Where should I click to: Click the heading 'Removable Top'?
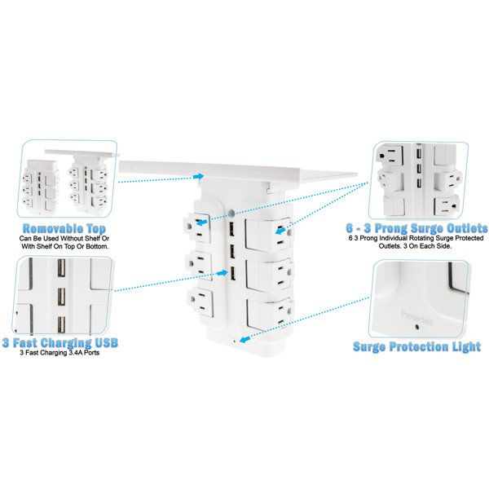coord(64,228)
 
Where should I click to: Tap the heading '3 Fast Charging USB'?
coord(60,343)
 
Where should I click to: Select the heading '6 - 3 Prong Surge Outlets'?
coord(416,228)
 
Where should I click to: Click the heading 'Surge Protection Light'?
coord(416,347)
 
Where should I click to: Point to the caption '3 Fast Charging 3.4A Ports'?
coord(59,353)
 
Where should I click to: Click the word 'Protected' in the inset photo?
coord(416,318)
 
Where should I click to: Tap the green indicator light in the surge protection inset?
coord(417,327)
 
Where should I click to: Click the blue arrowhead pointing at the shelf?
coord(198,177)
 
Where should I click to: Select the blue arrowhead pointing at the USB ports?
coord(222,273)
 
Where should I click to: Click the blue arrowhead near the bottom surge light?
coord(244,339)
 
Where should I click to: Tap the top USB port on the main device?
coord(232,230)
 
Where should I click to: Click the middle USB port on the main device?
coord(232,251)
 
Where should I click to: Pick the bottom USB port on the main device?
coord(232,274)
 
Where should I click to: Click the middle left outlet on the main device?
coord(200,266)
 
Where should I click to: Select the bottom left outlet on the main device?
coord(201,302)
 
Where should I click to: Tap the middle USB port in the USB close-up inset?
coord(61,297)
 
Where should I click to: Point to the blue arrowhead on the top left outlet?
coord(202,222)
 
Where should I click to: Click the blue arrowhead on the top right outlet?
coord(280,231)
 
